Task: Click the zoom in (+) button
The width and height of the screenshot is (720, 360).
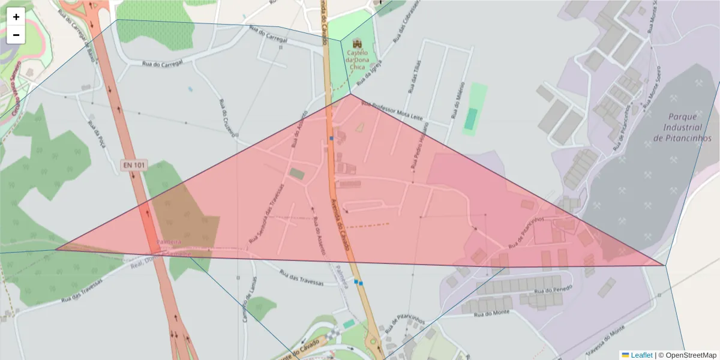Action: click(x=16, y=17)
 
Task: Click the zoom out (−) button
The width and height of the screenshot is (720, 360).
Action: click(x=16, y=35)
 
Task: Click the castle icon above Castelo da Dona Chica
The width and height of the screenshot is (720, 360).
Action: click(x=358, y=44)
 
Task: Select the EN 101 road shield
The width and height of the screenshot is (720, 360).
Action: click(x=134, y=165)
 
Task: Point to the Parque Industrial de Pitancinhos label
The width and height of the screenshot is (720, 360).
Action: click(x=683, y=127)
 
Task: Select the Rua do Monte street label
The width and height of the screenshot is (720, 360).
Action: click(x=491, y=313)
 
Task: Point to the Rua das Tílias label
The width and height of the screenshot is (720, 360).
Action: click(x=413, y=76)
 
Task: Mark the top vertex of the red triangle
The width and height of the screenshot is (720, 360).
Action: click(x=350, y=94)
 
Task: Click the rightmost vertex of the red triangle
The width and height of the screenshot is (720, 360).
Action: click(x=665, y=265)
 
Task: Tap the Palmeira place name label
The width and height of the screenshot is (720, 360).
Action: click(x=169, y=242)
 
